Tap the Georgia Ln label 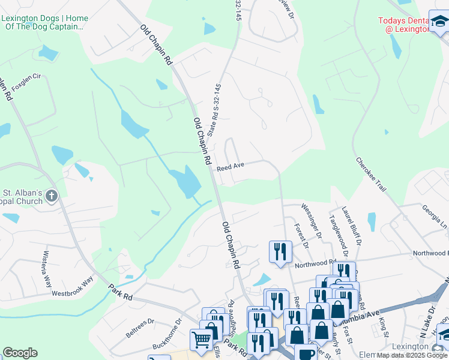(x=435, y=214)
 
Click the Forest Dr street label (x=301, y=235)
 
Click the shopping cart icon (x=201, y=340)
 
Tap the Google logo (x=20, y=353)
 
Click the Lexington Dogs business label (x=44, y=23)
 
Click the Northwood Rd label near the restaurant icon (x=315, y=263)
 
